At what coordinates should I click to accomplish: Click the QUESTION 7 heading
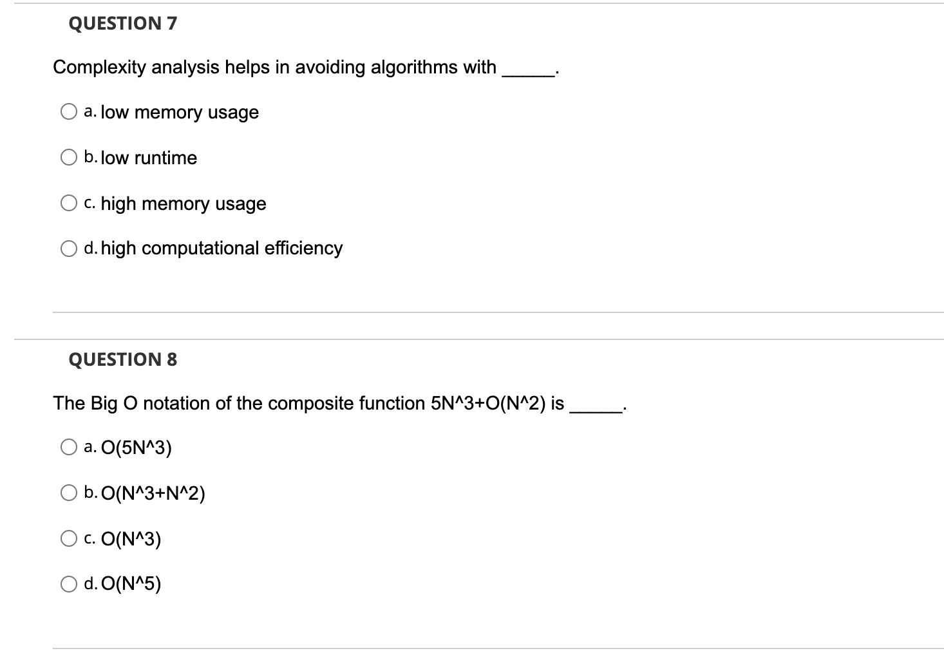(122, 24)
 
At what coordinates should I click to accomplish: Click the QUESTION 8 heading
(122, 359)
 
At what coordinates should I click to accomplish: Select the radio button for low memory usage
(69, 112)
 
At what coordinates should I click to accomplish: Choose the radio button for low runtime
(69, 158)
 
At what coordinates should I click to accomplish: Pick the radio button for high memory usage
(69, 203)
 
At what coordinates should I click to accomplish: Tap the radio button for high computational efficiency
(69, 248)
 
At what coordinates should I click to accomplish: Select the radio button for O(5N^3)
(69, 448)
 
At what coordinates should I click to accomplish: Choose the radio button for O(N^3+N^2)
(69, 493)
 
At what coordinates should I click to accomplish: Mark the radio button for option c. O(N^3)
(69, 539)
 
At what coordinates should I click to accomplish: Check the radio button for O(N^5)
(69, 584)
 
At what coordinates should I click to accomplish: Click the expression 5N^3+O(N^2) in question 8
(487, 404)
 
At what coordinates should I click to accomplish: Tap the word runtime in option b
(165, 158)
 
